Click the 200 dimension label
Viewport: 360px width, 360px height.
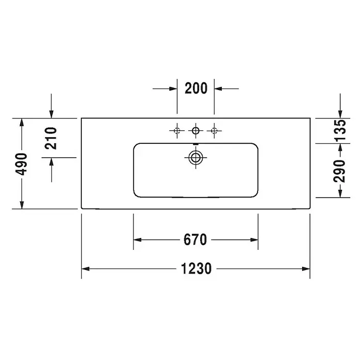(x=196, y=88)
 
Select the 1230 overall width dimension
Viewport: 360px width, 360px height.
(x=197, y=268)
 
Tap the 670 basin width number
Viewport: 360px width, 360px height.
(x=196, y=239)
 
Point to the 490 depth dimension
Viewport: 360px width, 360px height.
(x=21, y=164)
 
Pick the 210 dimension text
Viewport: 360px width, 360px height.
(x=51, y=138)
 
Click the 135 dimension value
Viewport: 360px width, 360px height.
(x=339, y=130)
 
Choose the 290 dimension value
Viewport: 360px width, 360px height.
(x=339, y=171)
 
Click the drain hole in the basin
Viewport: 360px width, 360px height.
(x=196, y=157)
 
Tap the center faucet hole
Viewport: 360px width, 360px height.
(x=196, y=131)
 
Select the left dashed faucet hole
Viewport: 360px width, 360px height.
(x=177, y=131)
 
